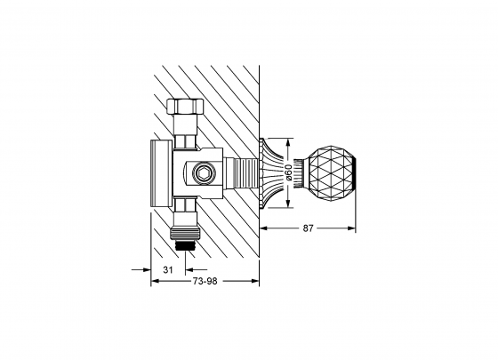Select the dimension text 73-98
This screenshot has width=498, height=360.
tap(205, 281)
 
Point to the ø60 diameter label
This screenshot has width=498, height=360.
tap(288, 171)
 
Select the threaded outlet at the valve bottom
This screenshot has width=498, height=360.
tap(187, 237)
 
